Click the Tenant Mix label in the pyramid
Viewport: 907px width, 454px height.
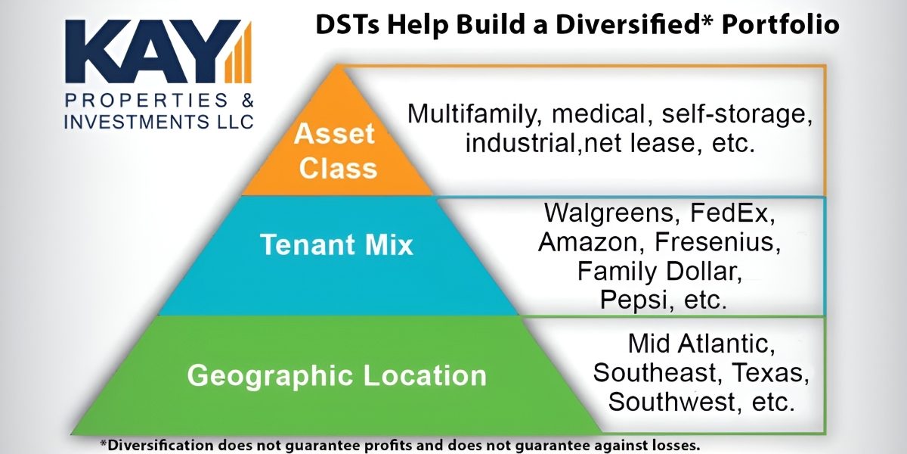[336, 245]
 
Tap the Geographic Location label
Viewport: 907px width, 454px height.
[336, 375]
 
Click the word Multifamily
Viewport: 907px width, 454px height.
[475, 115]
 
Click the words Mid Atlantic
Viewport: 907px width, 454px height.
[701, 344]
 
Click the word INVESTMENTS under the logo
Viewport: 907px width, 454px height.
[119, 121]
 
